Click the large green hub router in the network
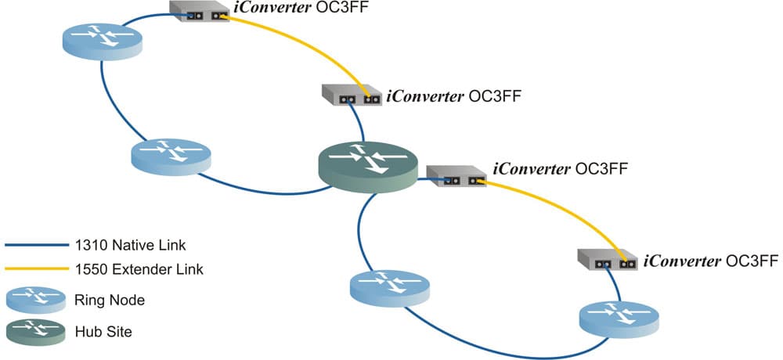[365, 167]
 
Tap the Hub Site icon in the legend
[34, 331]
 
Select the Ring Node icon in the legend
[34, 298]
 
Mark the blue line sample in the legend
[35, 245]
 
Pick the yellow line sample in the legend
[35, 270]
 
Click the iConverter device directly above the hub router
[351, 94]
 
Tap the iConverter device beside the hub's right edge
[456, 177]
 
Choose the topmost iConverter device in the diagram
[200, 10]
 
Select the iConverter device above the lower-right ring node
[608, 259]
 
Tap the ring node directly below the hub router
[389, 287]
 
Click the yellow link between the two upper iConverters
[305, 45]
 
